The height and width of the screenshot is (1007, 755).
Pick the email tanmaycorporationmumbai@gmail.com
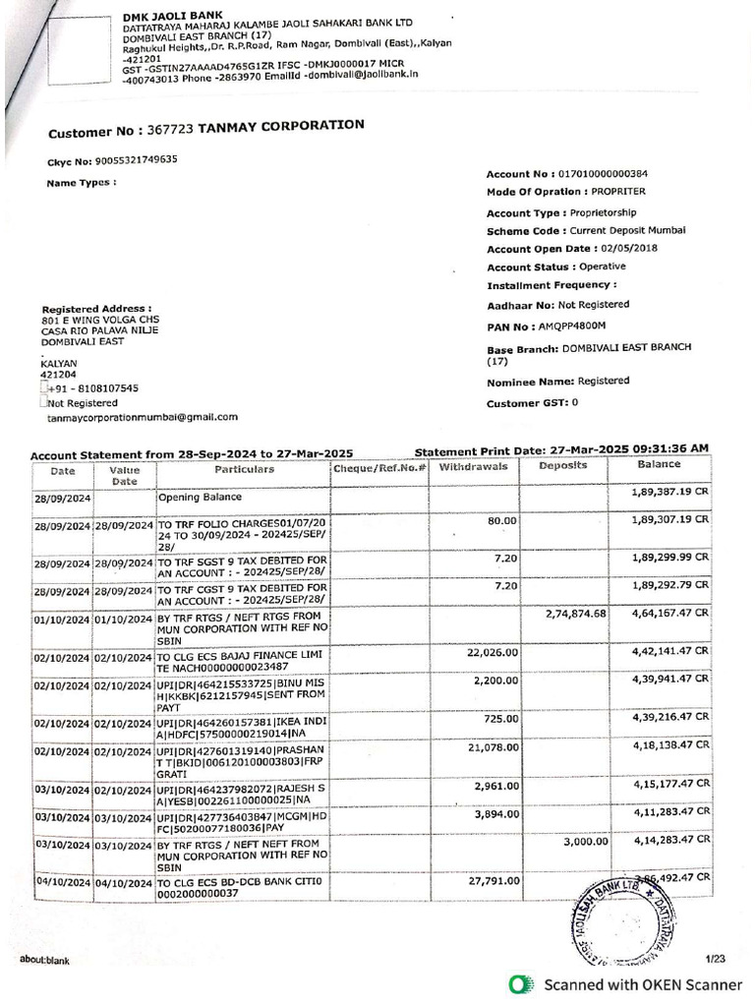click(142, 417)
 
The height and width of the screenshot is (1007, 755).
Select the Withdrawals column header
click(473, 466)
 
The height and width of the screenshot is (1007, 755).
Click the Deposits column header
click(562, 466)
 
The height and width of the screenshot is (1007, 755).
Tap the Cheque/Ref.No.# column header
click(379, 468)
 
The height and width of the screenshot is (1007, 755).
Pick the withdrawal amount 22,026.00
click(490, 650)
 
